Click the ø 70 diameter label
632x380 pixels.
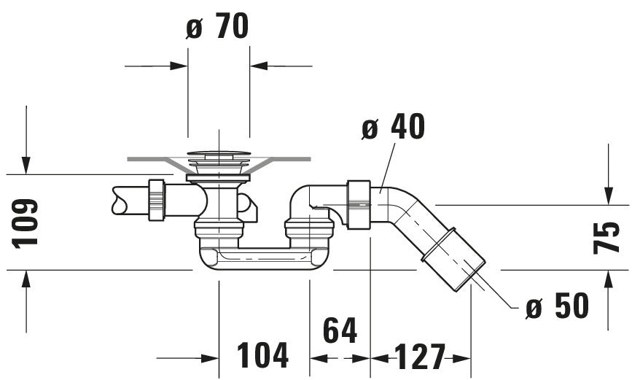(217, 26)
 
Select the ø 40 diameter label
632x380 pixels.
(393, 126)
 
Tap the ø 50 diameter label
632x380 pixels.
(557, 306)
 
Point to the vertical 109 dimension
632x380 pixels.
(25, 223)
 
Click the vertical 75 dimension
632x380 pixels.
(606, 237)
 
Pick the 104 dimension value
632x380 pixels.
(262, 355)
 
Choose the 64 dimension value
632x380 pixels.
(340, 330)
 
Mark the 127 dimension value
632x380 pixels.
(420, 356)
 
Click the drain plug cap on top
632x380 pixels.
(219, 154)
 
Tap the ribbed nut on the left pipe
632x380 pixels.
(157, 200)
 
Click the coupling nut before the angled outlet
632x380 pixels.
(359, 205)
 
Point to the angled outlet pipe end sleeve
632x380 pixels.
(453, 259)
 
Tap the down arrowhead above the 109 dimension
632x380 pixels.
(26, 166)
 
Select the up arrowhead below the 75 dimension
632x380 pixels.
(609, 279)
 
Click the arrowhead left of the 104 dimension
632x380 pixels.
(210, 358)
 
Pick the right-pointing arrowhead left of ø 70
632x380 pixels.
(179, 66)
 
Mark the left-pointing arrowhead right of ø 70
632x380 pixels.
(259, 66)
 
